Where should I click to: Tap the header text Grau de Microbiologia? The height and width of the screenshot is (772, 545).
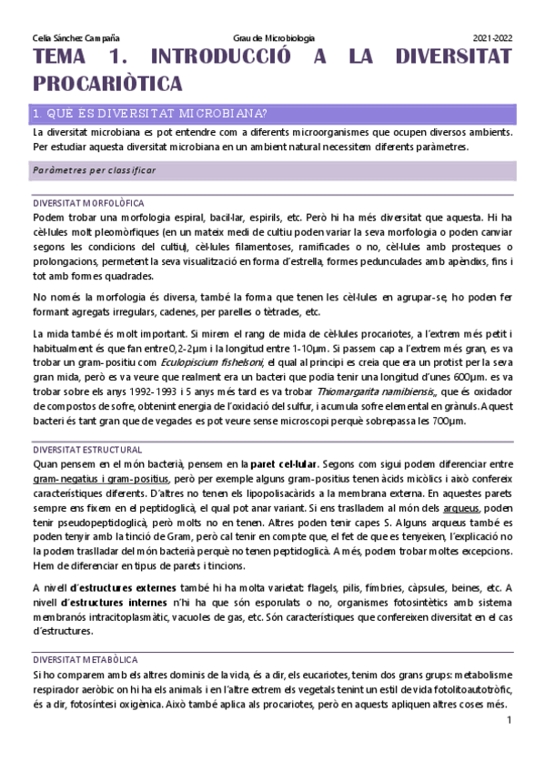[x=273, y=38]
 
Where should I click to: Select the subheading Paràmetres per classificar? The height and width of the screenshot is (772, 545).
[x=94, y=170]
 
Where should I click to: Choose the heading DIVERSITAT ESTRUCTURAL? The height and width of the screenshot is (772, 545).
[x=86, y=450]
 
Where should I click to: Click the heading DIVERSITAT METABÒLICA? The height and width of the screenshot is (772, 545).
[x=85, y=658]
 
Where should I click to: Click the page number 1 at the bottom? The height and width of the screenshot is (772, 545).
[x=510, y=721]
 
